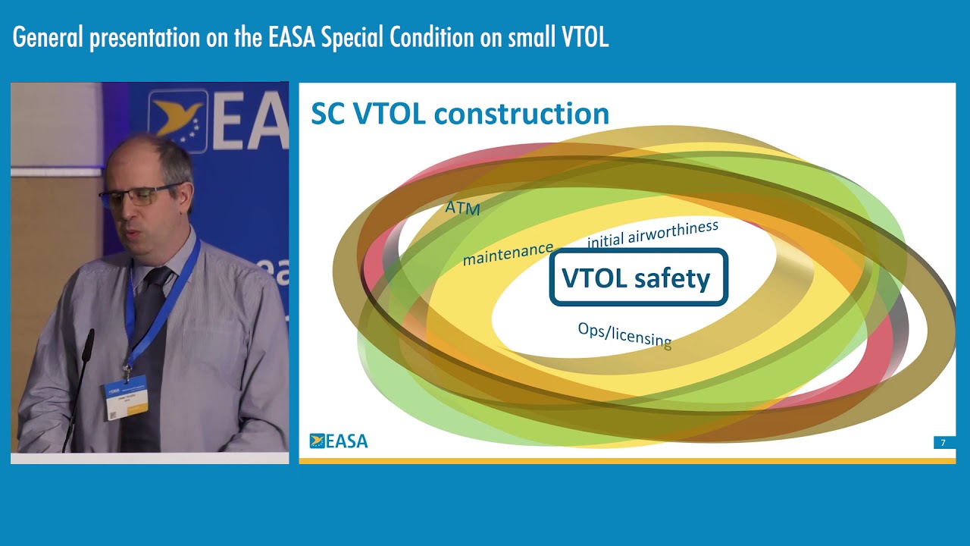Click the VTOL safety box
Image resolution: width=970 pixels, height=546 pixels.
coord(638,278)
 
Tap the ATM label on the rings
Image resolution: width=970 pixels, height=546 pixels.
coord(462,207)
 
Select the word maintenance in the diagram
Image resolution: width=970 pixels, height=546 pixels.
coord(508,254)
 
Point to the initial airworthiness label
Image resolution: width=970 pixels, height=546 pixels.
coord(652,234)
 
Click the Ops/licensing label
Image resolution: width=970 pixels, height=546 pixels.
coord(624,334)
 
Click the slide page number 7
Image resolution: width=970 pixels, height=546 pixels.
coord(943,443)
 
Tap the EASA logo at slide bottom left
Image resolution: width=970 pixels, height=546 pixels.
coord(339,441)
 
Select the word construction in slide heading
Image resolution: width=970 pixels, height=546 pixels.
coord(523,114)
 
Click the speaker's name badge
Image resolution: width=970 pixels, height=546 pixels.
coord(126,397)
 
